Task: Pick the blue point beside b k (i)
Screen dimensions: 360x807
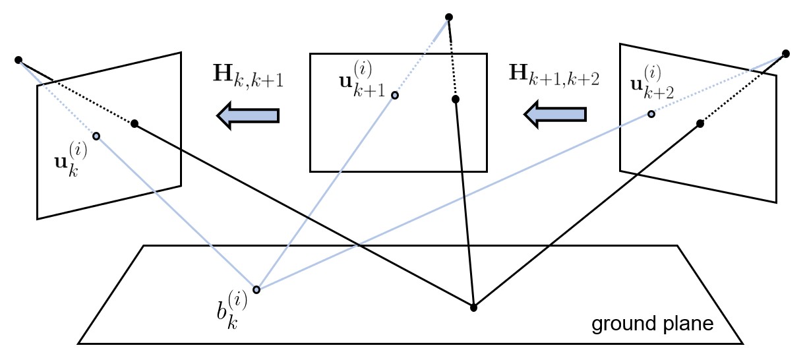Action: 256,289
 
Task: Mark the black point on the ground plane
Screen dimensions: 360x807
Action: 473,307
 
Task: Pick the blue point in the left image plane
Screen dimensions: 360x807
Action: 96,136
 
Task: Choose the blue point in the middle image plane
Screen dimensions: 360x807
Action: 394,96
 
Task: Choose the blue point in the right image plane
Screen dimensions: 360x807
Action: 651,114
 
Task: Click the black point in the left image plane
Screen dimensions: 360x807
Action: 134,123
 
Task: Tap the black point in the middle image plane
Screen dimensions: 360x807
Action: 455,100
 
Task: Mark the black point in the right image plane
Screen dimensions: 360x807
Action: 700,123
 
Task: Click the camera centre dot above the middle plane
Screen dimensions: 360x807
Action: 449,16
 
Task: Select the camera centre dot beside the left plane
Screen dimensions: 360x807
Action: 18,60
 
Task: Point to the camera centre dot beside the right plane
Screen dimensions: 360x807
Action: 786,53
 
